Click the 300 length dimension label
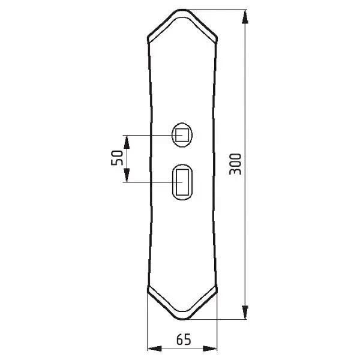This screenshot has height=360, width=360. point(235,164)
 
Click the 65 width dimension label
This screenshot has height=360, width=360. point(184,340)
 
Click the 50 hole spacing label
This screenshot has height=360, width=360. point(117,157)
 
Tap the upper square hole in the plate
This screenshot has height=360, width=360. point(182,135)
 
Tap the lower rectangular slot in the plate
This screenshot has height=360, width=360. point(182,182)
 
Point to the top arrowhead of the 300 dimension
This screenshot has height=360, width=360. point(245,17)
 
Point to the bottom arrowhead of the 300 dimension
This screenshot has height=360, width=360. point(245,312)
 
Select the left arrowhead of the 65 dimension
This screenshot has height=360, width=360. point(154,349)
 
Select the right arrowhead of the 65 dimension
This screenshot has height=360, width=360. point(210,349)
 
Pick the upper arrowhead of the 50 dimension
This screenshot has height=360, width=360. point(127,142)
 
